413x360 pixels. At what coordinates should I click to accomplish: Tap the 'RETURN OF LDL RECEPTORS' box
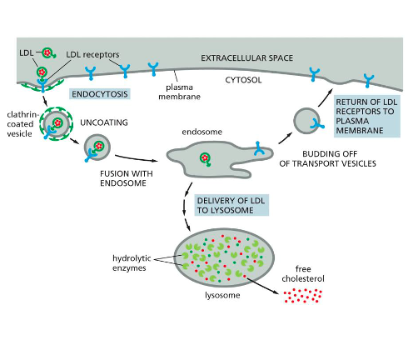click(366, 116)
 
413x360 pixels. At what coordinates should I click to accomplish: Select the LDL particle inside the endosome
click(204, 157)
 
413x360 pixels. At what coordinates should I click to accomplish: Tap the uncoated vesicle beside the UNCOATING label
click(98, 148)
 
